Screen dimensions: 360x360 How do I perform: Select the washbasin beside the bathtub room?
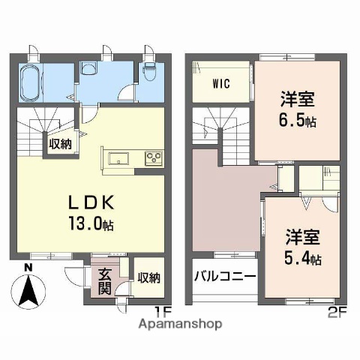click(x=88, y=69)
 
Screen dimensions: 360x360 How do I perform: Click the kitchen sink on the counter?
click(x=120, y=158)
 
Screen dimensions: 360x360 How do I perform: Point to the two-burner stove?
click(x=154, y=158)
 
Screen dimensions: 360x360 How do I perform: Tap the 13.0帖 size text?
click(x=92, y=223)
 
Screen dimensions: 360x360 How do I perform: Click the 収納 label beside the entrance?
click(x=148, y=277)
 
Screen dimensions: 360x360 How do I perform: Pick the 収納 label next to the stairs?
click(x=61, y=144)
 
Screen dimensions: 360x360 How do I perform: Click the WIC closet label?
click(x=220, y=82)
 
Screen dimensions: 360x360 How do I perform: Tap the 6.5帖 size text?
click(x=297, y=120)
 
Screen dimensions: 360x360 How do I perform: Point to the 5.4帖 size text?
click(x=303, y=259)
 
